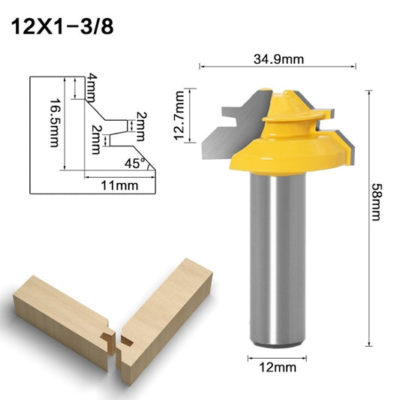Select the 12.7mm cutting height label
pyautogui.click(x=178, y=112)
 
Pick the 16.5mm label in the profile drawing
pyautogui.click(x=53, y=123)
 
